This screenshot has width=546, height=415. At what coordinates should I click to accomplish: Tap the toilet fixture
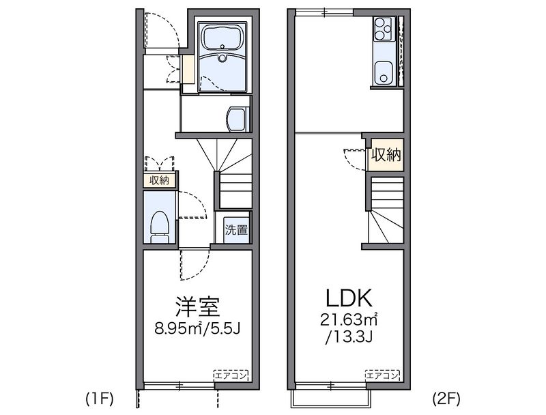point(160,225)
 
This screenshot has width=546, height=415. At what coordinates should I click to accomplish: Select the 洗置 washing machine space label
point(236,229)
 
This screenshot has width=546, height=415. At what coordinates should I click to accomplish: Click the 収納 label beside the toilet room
point(160,180)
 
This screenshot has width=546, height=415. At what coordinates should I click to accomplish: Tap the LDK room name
point(347,298)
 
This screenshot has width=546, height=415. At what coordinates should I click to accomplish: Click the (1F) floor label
point(100,397)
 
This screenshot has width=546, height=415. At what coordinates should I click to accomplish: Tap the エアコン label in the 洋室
point(231,374)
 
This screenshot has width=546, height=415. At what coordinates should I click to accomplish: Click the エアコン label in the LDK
point(382,374)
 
